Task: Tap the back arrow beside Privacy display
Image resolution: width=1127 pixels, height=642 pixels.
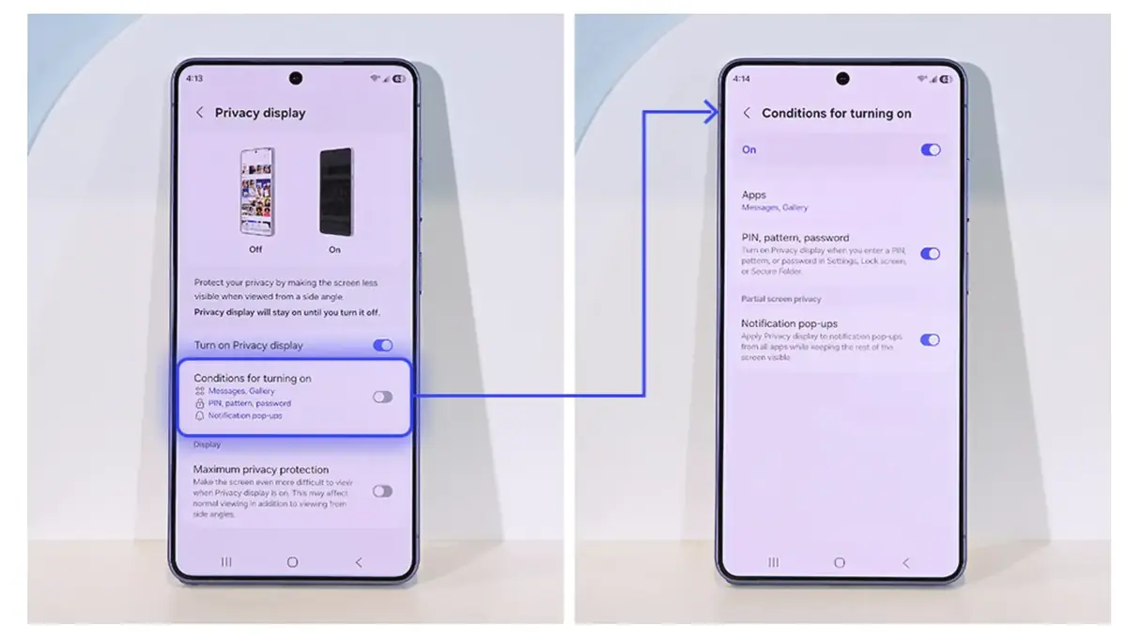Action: [x=199, y=113]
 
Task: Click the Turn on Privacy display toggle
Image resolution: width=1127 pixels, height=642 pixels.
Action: [x=382, y=345]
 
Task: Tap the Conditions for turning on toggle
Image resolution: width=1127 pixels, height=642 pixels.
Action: [x=382, y=397]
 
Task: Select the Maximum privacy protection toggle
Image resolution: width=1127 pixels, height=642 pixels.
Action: [x=382, y=491]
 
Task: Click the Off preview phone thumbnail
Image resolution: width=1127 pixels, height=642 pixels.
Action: [x=256, y=191]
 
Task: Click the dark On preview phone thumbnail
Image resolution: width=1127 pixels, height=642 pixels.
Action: [x=335, y=191]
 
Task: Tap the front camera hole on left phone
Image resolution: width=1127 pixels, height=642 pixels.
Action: [x=296, y=78]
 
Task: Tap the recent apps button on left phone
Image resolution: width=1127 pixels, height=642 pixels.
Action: [x=226, y=562]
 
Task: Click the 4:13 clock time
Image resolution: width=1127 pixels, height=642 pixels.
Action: [x=194, y=79]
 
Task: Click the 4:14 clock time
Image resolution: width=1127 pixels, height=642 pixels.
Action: [x=741, y=79]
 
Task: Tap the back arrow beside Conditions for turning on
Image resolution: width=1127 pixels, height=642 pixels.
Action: [x=747, y=113]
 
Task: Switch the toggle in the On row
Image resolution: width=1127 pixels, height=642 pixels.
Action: [x=930, y=149]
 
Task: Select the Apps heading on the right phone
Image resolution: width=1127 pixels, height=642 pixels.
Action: [x=754, y=195]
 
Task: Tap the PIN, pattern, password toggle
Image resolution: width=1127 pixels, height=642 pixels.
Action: [x=930, y=253]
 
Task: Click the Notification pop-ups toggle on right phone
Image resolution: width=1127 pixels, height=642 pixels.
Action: [x=930, y=339]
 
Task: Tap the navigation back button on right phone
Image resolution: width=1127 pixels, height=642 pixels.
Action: [x=905, y=562]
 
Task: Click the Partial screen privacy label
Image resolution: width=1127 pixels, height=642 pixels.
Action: [x=781, y=299]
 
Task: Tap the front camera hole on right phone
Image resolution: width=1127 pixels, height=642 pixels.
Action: [x=842, y=78]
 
